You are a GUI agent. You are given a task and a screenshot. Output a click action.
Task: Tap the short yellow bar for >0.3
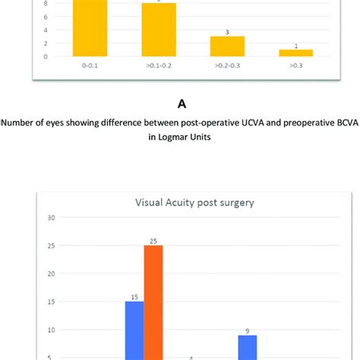[295, 52]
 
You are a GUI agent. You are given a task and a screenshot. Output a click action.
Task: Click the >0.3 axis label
[295, 67]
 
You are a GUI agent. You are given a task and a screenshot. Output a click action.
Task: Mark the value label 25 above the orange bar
[153, 240]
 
